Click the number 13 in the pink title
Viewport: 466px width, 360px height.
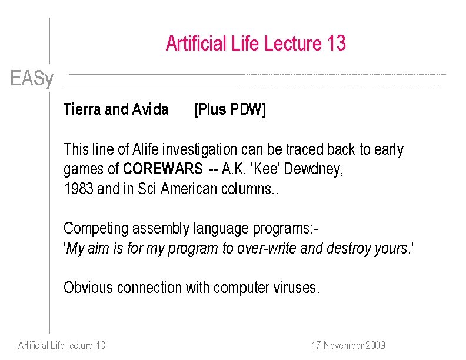[335, 44]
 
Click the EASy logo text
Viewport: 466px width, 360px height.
[32, 78]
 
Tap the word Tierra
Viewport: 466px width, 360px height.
[82, 109]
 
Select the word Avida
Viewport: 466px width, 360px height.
[150, 109]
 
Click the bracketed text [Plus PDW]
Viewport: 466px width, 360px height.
[230, 109]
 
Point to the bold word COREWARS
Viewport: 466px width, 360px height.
[162, 169]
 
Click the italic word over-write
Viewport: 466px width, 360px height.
[267, 248]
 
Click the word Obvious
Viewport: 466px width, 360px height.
[89, 288]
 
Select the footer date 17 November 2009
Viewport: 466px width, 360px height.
[348, 345]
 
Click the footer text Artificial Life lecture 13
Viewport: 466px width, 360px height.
[62, 345]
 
